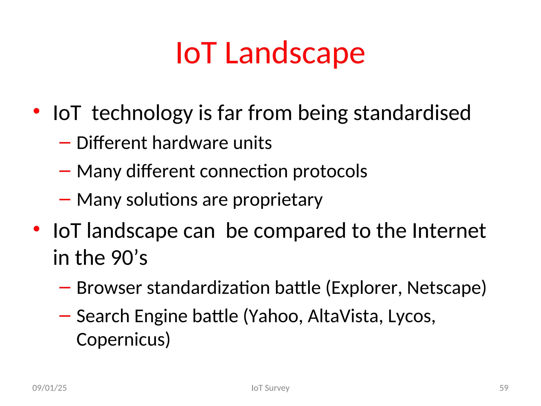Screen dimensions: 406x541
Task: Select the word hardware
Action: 190,143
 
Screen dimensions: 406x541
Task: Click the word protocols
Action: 330,171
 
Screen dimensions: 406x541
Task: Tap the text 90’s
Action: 129,258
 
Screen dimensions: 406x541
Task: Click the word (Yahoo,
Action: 273,316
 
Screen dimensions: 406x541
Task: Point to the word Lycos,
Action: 411,316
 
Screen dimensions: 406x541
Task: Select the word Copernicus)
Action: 123,339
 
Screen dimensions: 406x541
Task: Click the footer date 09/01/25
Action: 49,388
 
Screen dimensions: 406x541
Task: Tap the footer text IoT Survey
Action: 270,388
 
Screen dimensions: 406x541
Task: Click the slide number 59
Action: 504,388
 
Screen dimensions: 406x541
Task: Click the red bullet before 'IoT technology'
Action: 36,111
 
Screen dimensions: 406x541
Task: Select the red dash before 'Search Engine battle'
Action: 65,316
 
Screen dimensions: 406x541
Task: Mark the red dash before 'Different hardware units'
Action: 65,143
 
